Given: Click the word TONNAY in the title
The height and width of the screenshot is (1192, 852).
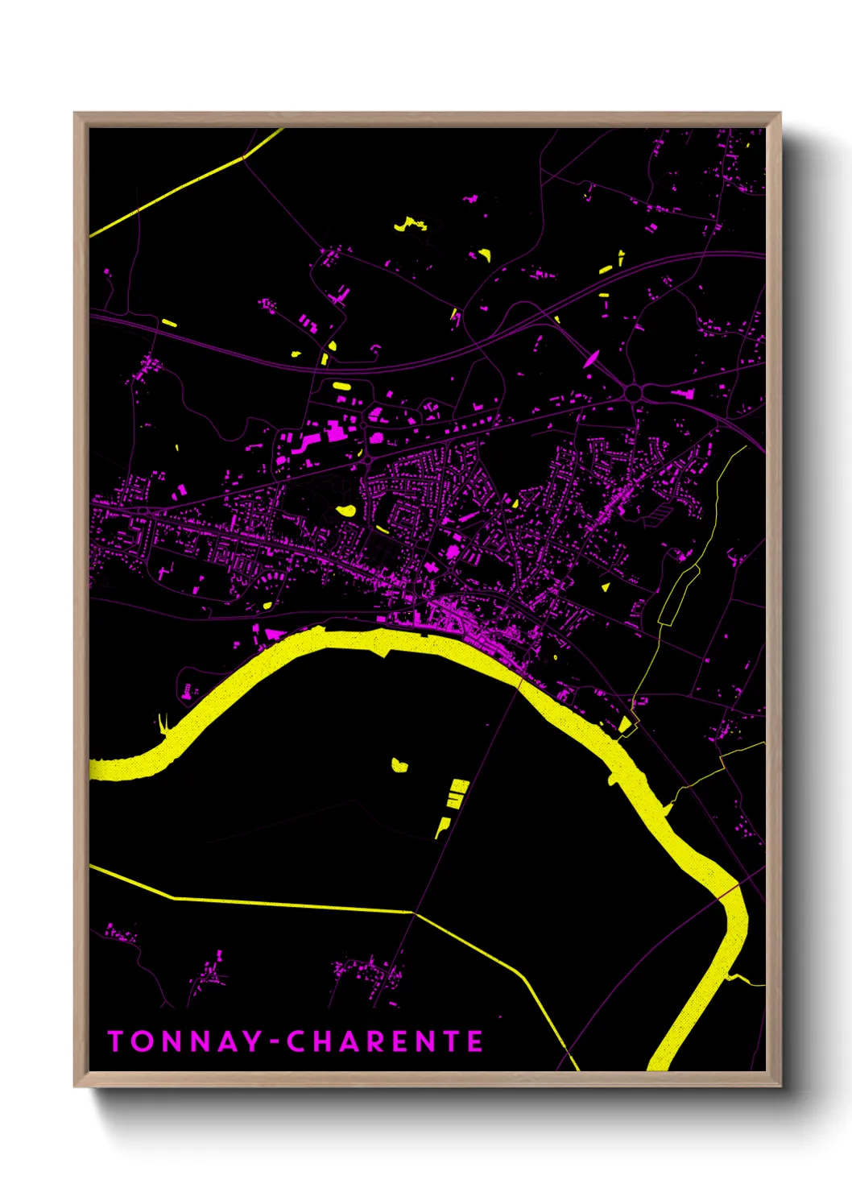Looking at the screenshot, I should click(184, 1041).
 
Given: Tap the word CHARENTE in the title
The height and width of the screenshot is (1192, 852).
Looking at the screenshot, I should click(385, 1041).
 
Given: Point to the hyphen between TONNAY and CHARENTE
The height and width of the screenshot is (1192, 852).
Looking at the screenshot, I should click(274, 1042).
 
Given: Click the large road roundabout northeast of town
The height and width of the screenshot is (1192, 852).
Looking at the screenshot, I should click(635, 392).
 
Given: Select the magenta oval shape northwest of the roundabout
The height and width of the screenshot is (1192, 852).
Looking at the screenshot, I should click(592, 358).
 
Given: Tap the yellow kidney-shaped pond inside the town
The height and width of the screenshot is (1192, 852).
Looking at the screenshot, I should click(345, 510).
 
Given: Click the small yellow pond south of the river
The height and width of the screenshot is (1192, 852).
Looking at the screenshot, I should click(399, 764).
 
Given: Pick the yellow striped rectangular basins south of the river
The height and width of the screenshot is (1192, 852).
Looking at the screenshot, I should click(457, 793).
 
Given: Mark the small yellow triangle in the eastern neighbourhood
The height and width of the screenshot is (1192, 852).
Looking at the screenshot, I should click(605, 587).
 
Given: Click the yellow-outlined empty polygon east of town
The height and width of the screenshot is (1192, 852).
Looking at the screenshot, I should click(678, 596).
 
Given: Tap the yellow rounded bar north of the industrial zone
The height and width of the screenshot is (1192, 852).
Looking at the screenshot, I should click(341, 386).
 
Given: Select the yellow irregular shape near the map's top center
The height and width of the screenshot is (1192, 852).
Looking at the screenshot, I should click(411, 223).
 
